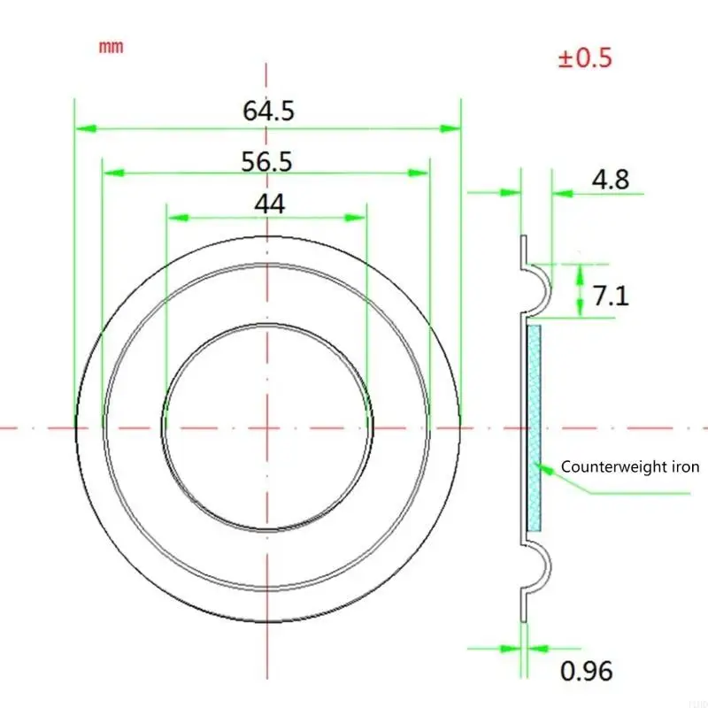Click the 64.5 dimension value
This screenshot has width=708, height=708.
coord(268,112)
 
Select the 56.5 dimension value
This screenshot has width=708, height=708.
coord(267,161)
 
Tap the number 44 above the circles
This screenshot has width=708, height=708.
coord(269,204)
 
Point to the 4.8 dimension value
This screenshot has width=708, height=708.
coord(611,181)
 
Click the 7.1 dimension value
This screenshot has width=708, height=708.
coord(611,295)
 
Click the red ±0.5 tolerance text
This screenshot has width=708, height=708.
coord(584,59)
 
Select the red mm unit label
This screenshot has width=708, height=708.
coord(111,47)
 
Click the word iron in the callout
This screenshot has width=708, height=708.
coord(683,467)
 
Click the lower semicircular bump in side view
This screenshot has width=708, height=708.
coord(540,566)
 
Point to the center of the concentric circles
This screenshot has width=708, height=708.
coord(267,427)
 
